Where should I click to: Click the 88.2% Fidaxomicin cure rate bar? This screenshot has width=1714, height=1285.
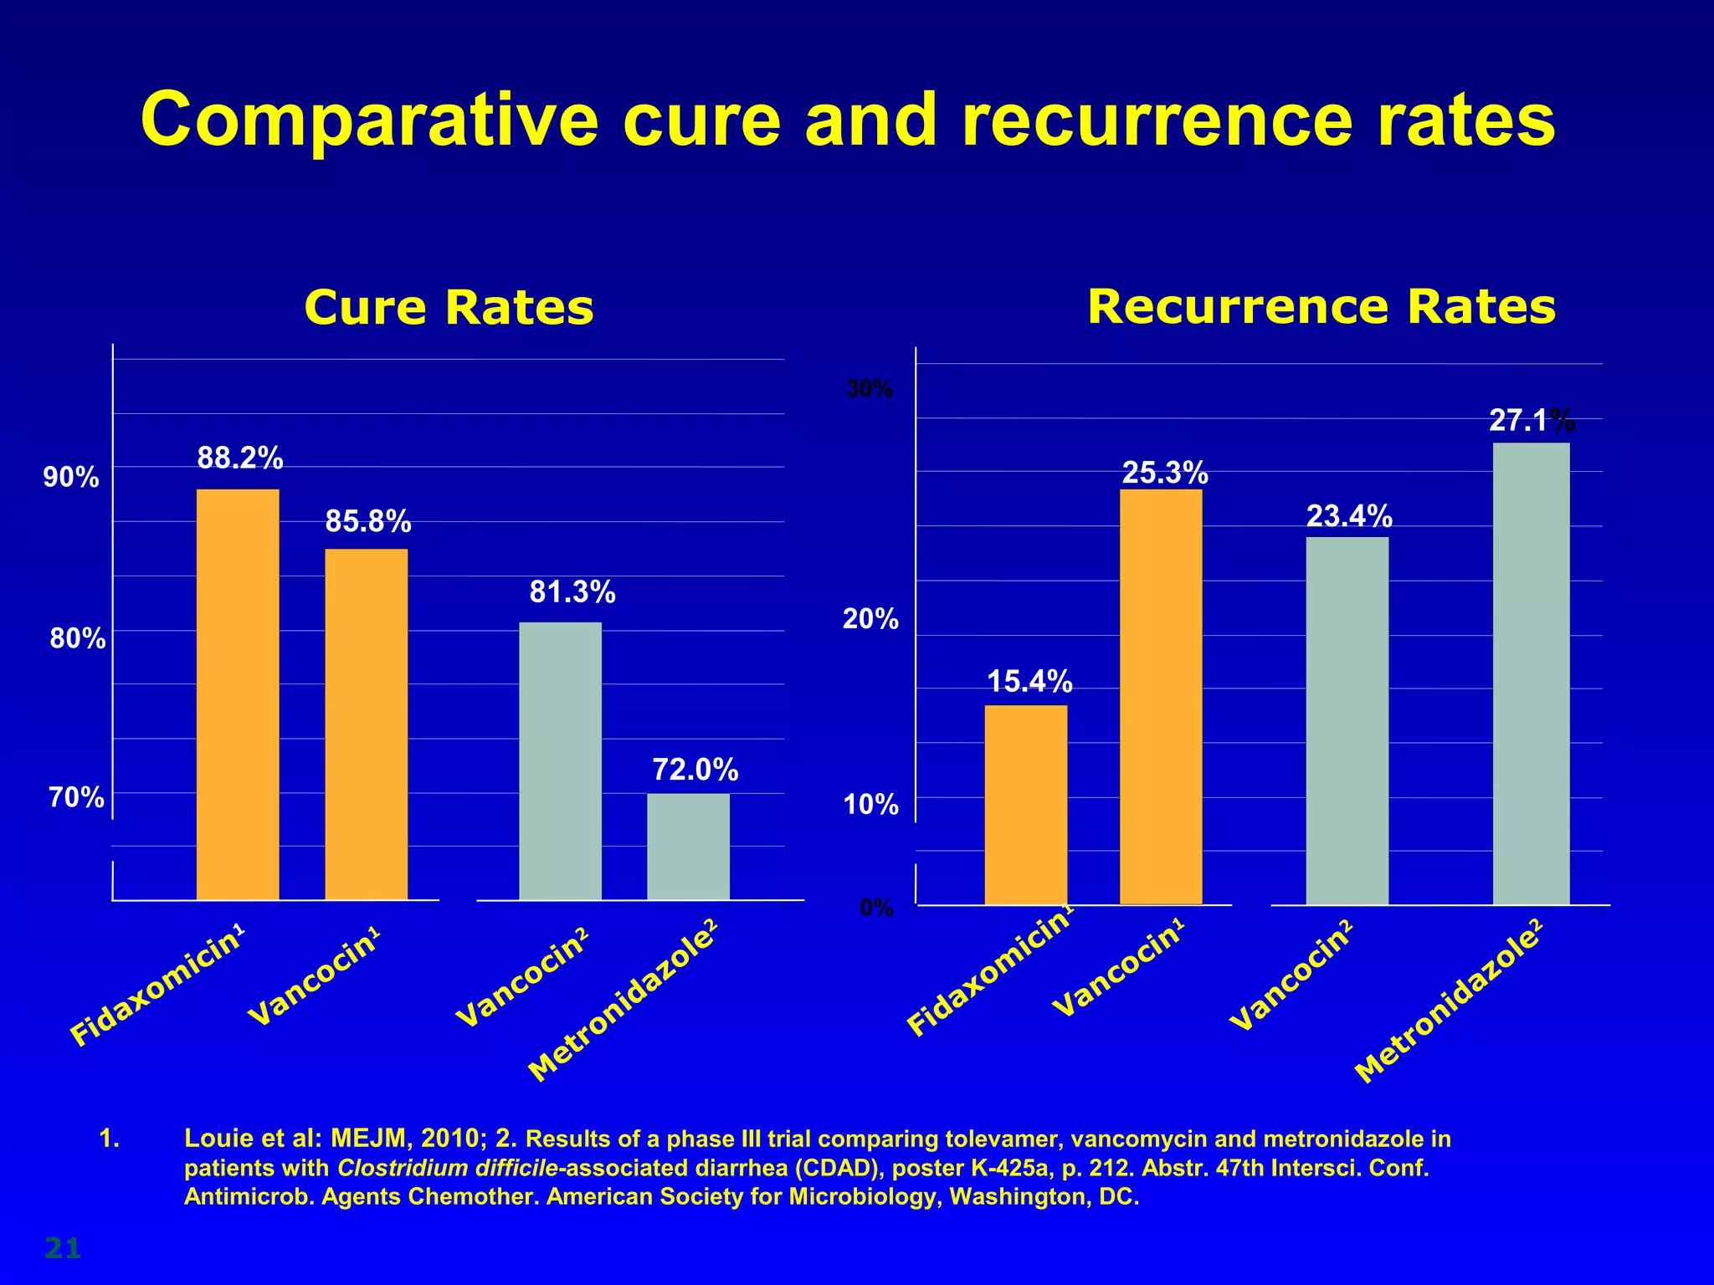pyautogui.click(x=238, y=694)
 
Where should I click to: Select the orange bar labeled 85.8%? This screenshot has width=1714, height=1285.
pyautogui.click(x=367, y=724)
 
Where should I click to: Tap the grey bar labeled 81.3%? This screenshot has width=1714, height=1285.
pyautogui.click(x=560, y=761)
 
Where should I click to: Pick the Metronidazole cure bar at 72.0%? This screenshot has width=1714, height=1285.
pyautogui.click(x=688, y=847)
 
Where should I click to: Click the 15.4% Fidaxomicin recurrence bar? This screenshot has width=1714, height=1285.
pyautogui.click(x=1025, y=805)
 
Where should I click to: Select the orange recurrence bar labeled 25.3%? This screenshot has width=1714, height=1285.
pyautogui.click(x=1161, y=697)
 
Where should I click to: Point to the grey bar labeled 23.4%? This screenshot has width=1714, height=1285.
pyautogui.click(x=1347, y=720)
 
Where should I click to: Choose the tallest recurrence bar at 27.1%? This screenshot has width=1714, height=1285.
pyautogui.click(x=1531, y=673)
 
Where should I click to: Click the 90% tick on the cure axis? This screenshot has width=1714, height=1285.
pyautogui.click(x=71, y=478)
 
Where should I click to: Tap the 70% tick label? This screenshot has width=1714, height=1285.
pyautogui.click(x=76, y=797)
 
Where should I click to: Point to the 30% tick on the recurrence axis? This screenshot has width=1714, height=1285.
pyautogui.click(x=870, y=389)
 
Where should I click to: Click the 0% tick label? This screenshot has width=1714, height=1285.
pyautogui.click(x=876, y=908)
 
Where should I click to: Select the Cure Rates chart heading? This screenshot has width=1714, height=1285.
pyautogui.click(x=449, y=307)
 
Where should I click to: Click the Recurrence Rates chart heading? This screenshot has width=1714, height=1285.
pyautogui.click(x=1321, y=306)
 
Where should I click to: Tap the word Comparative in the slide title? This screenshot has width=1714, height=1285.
pyautogui.click(x=369, y=120)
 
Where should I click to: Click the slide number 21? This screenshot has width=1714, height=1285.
pyautogui.click(x=62, y=1248)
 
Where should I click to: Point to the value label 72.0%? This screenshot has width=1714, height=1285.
pyautogui.click(x=695, y=769)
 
